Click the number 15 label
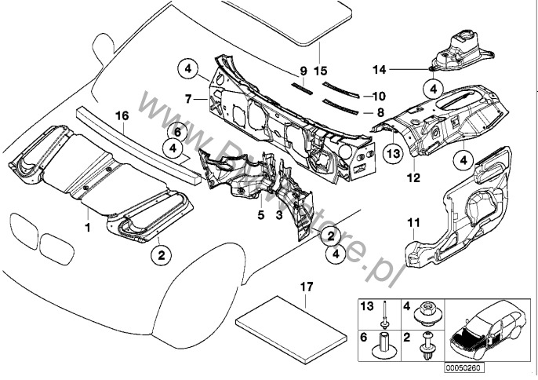click(x=321, y=70)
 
